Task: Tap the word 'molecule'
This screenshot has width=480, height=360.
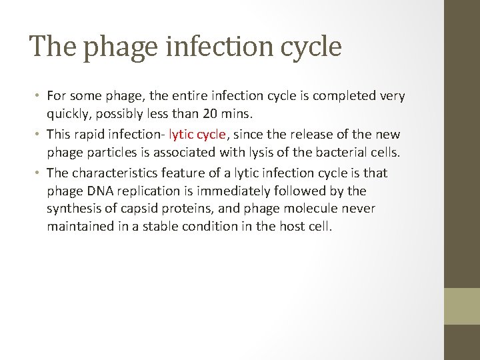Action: pyautogui.click(x=311, y=209)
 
